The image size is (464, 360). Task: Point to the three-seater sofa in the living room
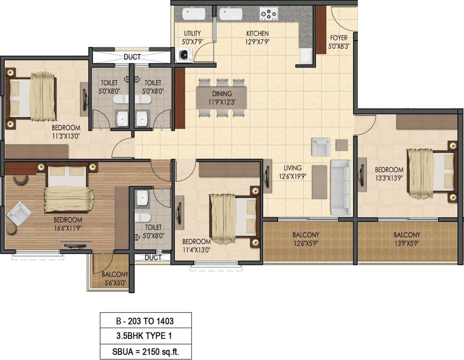341,187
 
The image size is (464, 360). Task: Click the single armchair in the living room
321,147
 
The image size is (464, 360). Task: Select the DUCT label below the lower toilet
153,258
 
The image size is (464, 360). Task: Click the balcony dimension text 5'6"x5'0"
114,283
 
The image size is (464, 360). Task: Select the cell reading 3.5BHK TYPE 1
145,336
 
